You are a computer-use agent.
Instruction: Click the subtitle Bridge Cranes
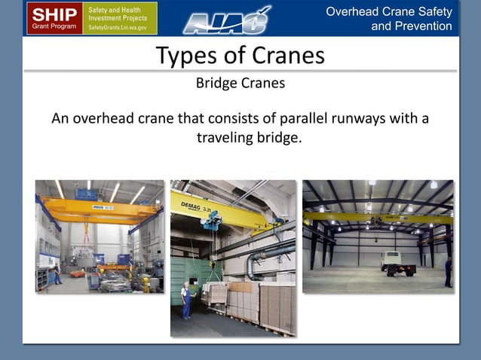coord(240,83)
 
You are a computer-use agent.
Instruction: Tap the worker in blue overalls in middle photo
coord(185,298)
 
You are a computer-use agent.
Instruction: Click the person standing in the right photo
coord(448,271)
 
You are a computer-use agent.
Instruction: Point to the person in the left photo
coord(54,273)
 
